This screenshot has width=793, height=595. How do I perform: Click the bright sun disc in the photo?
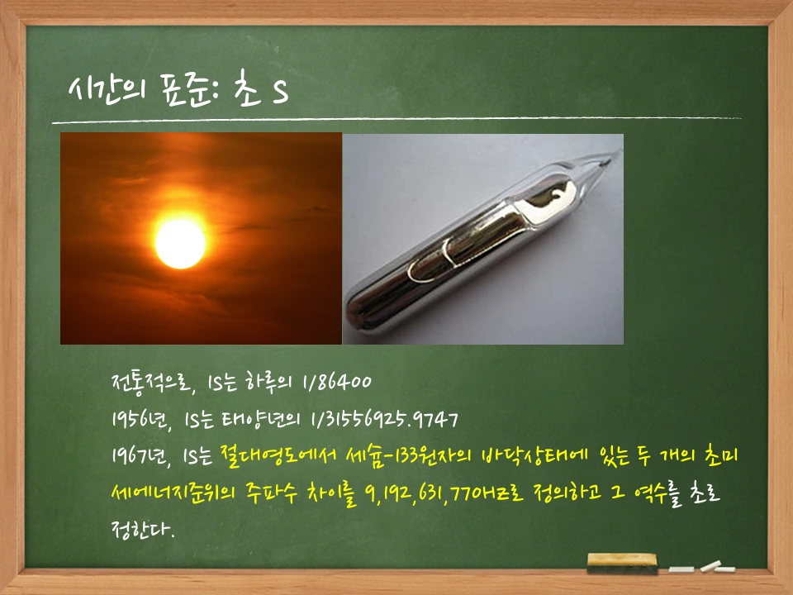pos(180,243)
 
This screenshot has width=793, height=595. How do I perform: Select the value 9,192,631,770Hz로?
pos(424,493)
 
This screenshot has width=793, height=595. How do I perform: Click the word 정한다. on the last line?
pos(142,528)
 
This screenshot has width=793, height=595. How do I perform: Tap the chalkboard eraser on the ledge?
pos(621,563)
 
